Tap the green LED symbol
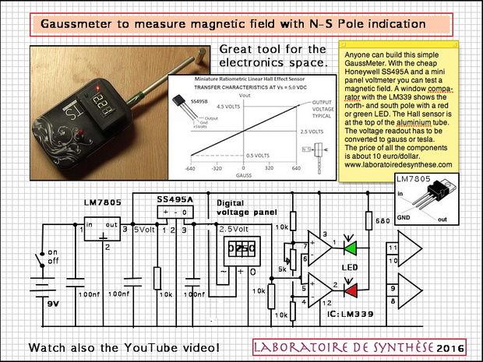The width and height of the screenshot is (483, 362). [353, 249]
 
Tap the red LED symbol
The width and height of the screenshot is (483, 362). [353, 291]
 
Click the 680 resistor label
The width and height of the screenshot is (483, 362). [361, 221]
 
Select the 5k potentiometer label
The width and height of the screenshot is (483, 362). [283, 270]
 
